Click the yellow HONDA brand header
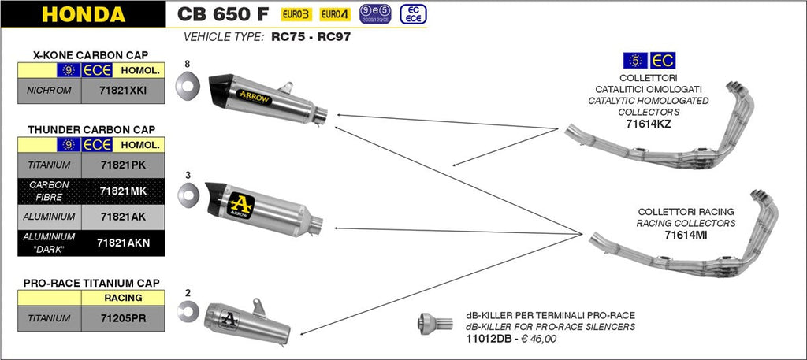[83, 14]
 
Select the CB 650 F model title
[222, 13]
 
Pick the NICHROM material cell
[49, 91]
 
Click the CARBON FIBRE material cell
[49, 191]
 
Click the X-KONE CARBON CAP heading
[92, 54]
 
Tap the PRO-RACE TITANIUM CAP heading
[92, 282]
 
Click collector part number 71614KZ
[648, 124]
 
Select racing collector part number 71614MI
[686, 235]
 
